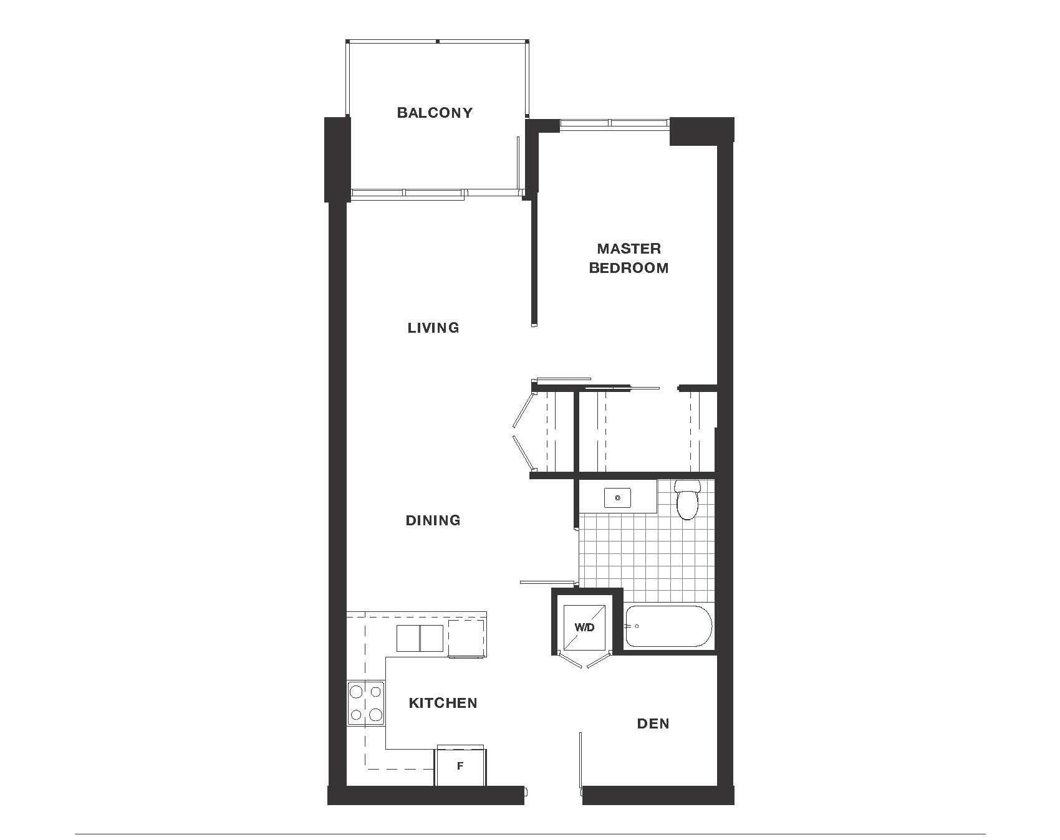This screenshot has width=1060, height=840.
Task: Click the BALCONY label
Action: (x=435, y=113)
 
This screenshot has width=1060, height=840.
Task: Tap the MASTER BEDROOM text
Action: (x=629, y=258)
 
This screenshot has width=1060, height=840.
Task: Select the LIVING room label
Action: (x=433, y=328)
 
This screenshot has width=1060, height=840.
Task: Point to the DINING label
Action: (x=433, y=520)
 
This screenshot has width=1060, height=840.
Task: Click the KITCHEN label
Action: (x=443, y=703)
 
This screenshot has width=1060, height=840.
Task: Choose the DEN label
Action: (x=653, y=723)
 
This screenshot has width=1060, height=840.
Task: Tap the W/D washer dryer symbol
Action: (x=584, y=628)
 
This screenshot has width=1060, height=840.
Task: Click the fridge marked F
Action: (x=460, y=766)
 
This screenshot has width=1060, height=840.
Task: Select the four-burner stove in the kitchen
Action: (x=366, y=702)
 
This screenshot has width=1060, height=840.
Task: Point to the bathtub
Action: (x=668, y=626)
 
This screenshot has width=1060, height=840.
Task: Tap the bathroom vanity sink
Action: (x=617, y=498)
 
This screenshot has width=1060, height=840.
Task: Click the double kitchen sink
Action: (x=420, y=638)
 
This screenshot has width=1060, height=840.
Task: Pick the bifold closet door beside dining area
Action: (x=523, y=430)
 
